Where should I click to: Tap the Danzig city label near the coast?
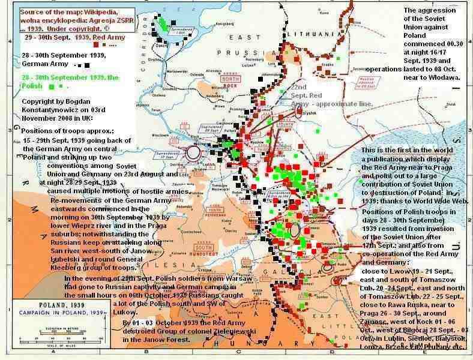(x=160, y=44)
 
